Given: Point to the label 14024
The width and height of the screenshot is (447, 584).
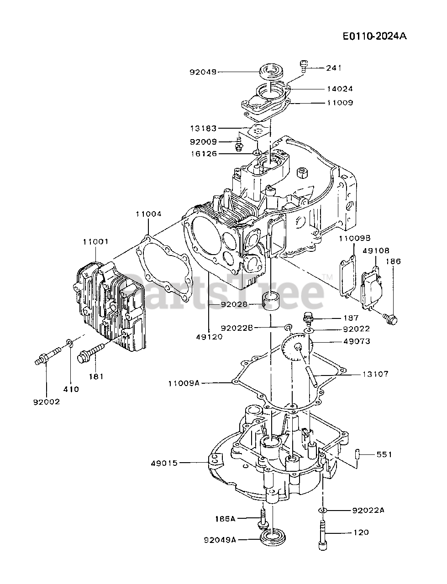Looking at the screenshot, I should coord(339,89).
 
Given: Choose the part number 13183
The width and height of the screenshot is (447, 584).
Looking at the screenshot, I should coord(204,129).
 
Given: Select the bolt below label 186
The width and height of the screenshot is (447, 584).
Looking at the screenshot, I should coord(390,318).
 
